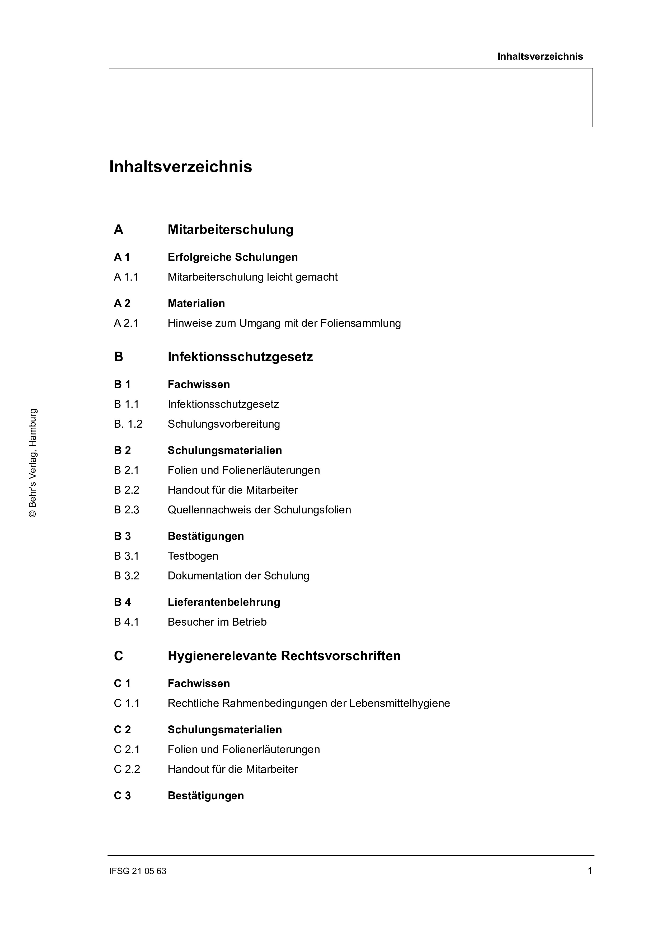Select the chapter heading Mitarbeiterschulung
click(231, 229)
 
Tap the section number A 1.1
click(126, 277)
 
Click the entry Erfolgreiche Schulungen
click(232, 257)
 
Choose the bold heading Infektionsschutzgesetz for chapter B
click(240, 357)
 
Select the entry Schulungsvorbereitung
click(224, 424)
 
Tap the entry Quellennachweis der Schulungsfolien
click(259, 510)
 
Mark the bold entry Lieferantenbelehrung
click(224, 602)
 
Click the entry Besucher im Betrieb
click(217, 622)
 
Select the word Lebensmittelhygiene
click(400, 703)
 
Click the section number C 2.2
click(127, 769)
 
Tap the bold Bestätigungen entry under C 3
click(206, 796)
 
